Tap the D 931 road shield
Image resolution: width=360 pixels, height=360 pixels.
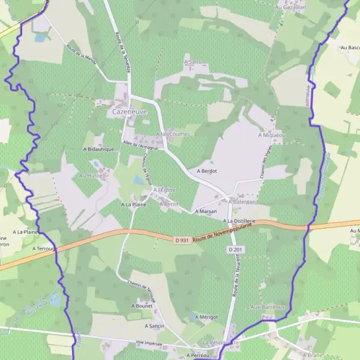(183, 241)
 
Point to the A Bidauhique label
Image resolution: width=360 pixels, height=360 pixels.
(98, 149)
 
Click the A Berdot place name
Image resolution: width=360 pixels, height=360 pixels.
(206, 171)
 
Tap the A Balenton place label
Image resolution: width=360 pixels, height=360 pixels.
(242, 202)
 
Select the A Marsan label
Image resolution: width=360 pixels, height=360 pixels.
(205, 211)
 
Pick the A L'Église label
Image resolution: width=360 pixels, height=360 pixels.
(164, 190)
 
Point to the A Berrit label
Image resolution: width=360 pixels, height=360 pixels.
(169, 204)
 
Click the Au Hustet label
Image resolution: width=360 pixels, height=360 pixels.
(91, 176)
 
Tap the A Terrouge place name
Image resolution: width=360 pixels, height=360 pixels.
(43, 247)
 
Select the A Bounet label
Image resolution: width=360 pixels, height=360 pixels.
(142, 305)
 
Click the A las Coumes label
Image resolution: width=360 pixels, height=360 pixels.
(172, 134)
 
